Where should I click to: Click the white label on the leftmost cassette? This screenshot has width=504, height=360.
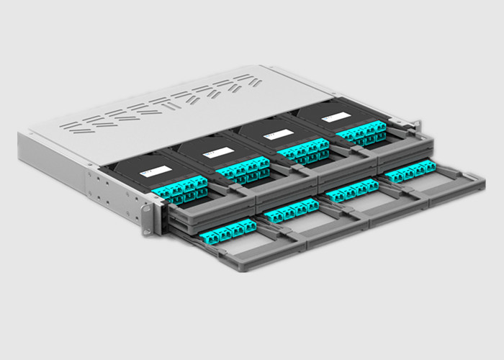156,171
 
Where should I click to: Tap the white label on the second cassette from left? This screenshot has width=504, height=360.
216,153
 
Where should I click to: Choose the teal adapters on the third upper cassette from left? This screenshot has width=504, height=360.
303,151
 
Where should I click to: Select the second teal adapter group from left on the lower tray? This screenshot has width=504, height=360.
291,210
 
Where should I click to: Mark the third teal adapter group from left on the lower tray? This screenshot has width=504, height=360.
352,192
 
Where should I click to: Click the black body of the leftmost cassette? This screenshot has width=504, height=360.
130,176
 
